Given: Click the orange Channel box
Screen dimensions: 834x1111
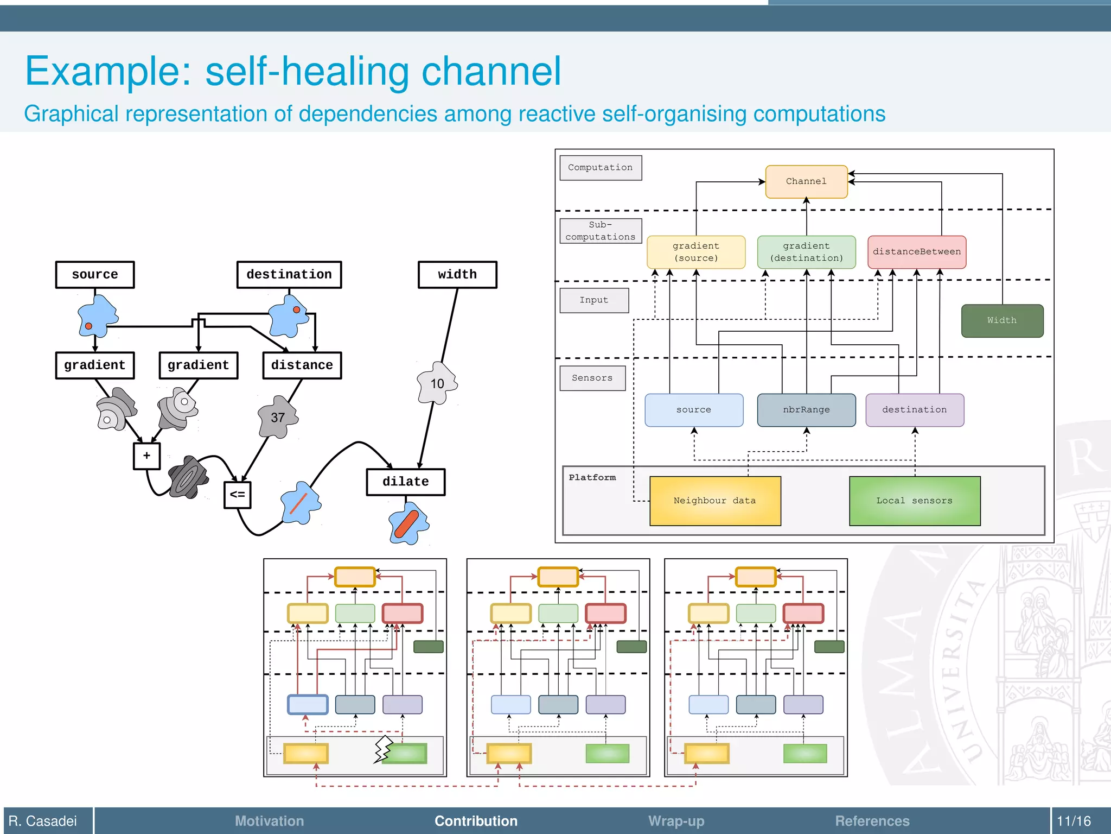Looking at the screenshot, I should coord(806,182).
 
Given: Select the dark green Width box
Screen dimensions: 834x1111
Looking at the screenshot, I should coord(1002,321).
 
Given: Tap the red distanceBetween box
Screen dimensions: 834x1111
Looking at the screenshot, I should coord(916,252).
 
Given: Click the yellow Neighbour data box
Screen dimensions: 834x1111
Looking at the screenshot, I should coord(715,501).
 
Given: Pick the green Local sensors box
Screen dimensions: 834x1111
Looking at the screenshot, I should coord(915,501).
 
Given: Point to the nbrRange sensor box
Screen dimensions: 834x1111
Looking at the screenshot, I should coord(806,410).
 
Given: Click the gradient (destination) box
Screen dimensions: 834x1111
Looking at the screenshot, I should coord(806,252).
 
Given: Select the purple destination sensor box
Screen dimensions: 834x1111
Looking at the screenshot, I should coord(915,410).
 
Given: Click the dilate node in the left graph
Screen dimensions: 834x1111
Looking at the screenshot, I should coord(406,482).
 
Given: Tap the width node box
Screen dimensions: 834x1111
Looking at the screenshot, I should coord(457,275).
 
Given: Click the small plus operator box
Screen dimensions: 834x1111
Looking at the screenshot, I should coord(146,456).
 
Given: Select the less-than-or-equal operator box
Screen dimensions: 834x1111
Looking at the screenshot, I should coord(237,495).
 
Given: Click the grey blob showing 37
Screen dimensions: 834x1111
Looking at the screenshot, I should coord(278,418).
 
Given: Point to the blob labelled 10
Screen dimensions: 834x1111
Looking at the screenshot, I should coord(437,384).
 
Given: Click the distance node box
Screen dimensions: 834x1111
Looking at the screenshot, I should coord(302,365).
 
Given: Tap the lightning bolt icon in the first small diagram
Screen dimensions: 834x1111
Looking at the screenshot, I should coord(383,749).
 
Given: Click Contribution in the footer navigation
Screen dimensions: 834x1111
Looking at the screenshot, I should coord(476,821).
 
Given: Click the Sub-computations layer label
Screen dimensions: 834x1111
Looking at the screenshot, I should coord(601,231).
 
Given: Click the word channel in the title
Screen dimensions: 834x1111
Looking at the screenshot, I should coord(491,72).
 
